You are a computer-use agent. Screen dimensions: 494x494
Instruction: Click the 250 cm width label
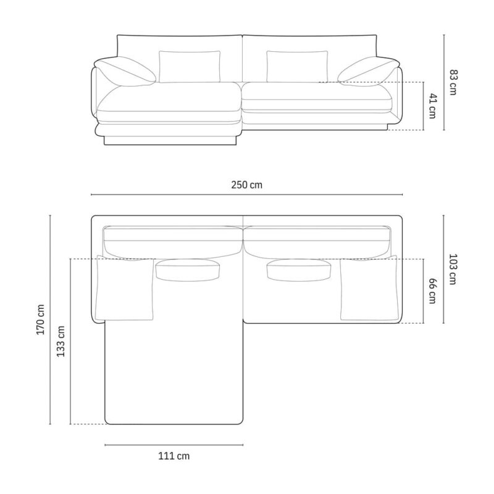246,185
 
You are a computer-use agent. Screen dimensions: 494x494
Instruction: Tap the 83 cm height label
453,82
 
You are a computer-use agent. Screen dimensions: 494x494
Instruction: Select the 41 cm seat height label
432,106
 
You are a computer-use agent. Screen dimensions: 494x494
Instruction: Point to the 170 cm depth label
41,319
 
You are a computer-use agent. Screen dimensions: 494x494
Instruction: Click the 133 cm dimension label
61,341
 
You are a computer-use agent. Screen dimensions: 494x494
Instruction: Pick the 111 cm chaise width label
174,456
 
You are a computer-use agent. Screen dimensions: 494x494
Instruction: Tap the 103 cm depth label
453,269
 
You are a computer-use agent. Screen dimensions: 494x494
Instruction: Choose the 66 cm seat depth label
432,291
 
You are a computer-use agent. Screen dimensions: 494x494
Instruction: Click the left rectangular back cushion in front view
190,67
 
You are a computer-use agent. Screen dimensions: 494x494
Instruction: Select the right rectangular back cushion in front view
297,67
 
